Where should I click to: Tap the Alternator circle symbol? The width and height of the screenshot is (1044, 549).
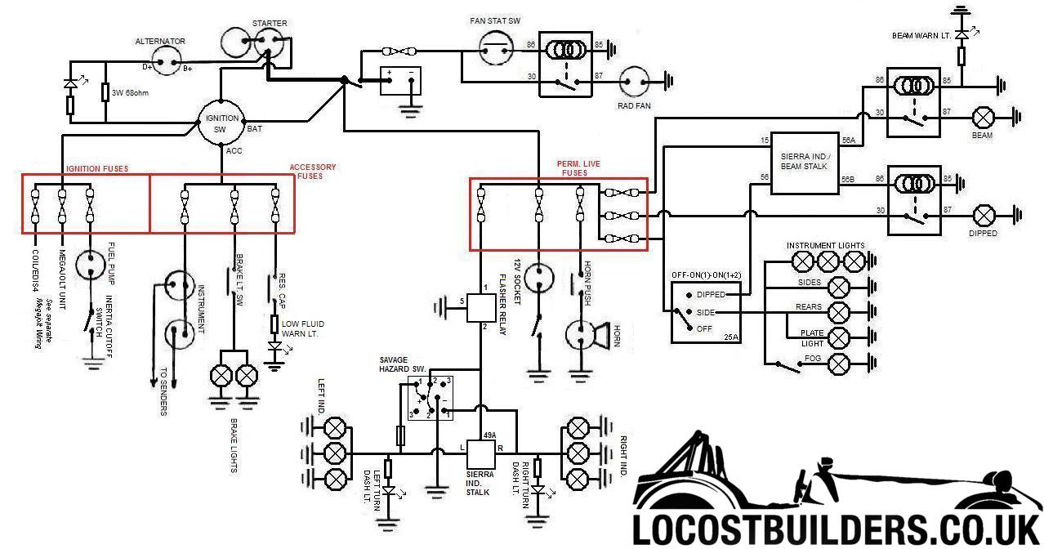click(167, 59)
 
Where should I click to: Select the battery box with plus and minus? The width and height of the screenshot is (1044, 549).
click(400, 82)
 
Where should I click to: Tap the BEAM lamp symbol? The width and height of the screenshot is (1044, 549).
click(981, 116)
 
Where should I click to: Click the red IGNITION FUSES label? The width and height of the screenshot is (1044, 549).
click(96, 169)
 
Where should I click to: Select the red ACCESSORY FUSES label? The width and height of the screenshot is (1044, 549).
click(312, 172)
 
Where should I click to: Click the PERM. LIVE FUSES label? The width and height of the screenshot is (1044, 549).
click(580, 168)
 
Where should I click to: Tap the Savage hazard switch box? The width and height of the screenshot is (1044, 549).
click(431, 398)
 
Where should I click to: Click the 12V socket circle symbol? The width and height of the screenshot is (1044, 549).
click(538, 277)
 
